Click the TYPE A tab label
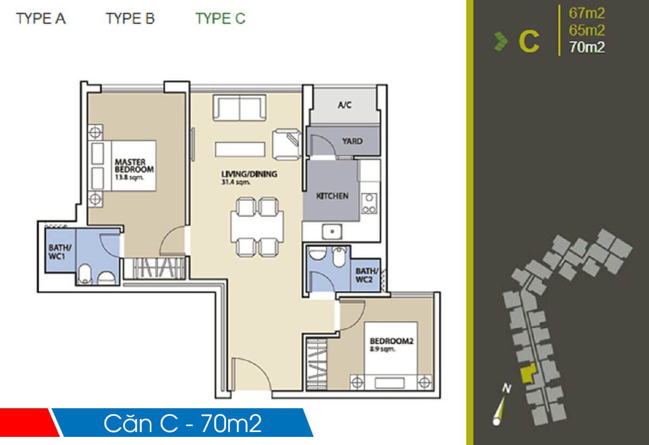41,18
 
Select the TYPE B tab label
130,18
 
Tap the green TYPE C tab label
220,18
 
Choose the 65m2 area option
586,30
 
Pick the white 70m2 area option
586,47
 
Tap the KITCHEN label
332,196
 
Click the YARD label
352,141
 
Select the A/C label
345,105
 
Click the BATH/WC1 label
57,251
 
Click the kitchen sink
330,232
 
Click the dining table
257,226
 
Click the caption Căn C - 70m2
182,423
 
